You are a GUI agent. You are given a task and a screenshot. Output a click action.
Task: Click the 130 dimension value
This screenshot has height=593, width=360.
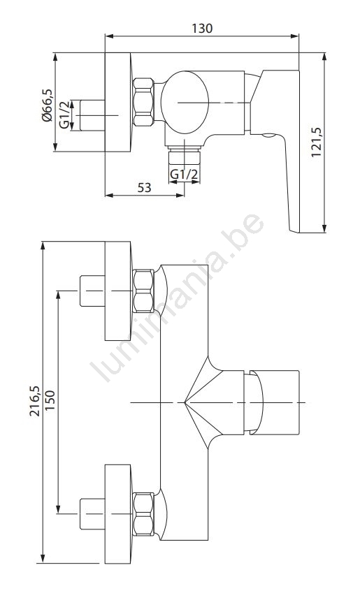(202, 29)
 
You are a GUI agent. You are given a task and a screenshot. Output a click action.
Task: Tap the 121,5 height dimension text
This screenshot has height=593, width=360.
(316, 142)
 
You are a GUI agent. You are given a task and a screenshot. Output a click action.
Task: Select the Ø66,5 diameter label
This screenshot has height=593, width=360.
(48, 105)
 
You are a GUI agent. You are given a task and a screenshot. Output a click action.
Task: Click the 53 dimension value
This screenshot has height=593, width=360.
(144, 187)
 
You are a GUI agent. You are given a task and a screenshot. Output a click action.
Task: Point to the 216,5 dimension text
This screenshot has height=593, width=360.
(35, 401)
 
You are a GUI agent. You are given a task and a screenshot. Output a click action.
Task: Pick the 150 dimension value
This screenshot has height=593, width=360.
(50, 400)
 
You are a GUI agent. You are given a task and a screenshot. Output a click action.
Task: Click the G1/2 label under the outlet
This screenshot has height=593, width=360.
(184, 175)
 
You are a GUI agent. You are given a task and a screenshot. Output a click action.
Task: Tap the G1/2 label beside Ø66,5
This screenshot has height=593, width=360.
(65, 115)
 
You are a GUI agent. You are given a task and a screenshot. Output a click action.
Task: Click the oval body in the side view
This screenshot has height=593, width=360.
(185, 102)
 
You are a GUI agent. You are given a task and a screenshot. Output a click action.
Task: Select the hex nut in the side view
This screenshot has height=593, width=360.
(143, 102)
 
